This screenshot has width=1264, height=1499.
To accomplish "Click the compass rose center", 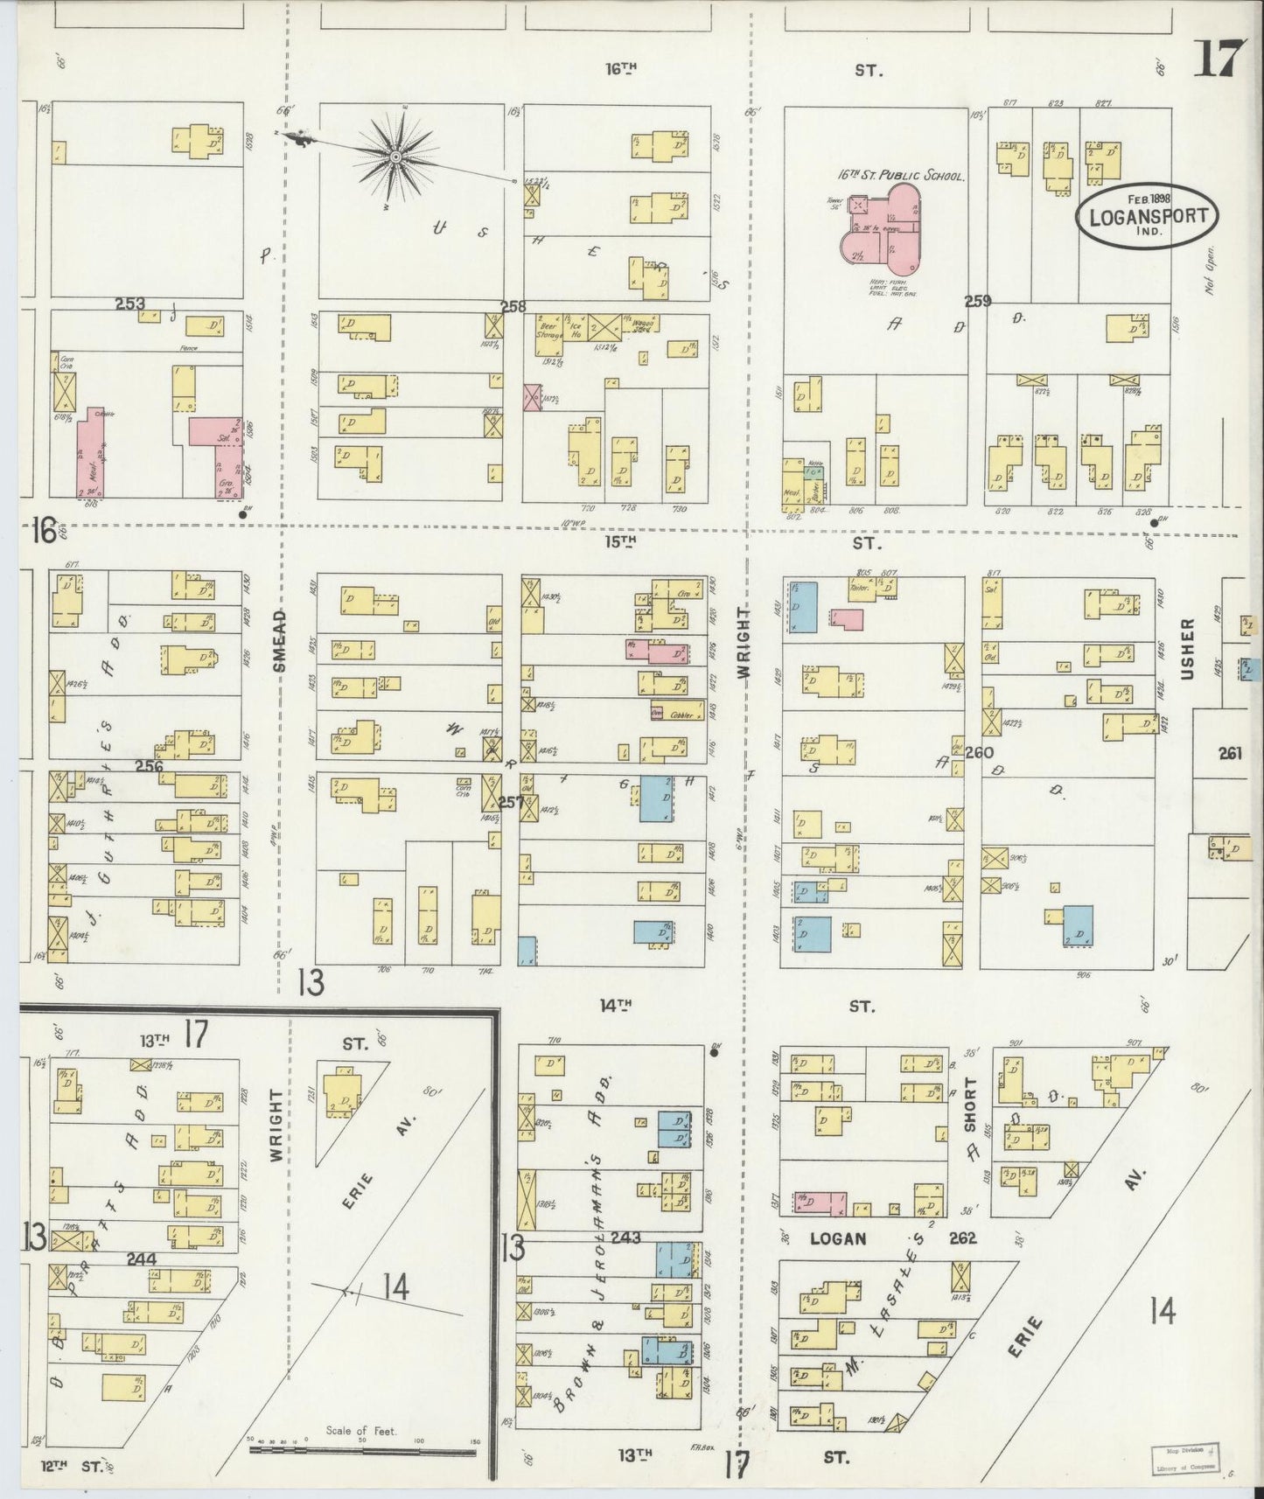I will coord(395,157).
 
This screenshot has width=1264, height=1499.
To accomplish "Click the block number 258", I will coord(513,306).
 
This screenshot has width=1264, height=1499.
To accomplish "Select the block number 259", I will coord(977,301).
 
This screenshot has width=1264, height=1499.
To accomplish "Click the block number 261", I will coord(1230,752).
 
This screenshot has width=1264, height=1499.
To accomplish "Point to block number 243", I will coord(627,1238).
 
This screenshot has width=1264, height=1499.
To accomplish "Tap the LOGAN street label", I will coord(837,1238).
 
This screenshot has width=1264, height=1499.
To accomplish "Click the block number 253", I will coord(129,303).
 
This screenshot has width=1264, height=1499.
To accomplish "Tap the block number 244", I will coord(141,1258).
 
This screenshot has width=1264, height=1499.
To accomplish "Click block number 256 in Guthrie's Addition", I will coord(150,766).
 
